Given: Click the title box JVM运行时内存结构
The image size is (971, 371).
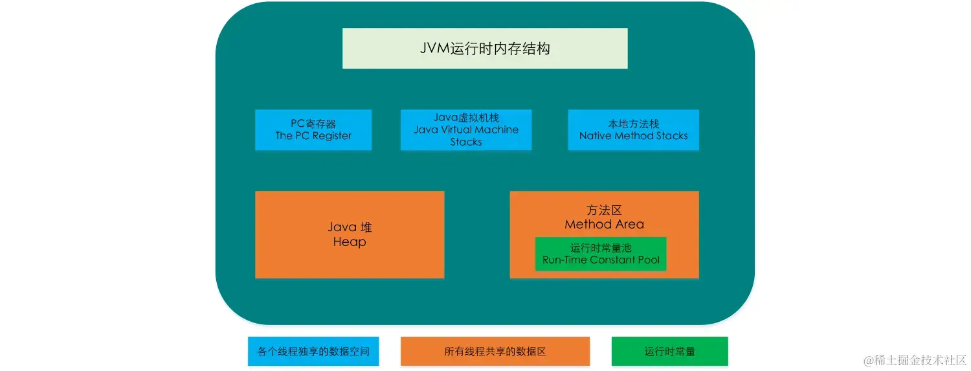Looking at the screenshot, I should click(484, 49).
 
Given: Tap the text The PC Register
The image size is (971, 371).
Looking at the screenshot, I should click(313, 136).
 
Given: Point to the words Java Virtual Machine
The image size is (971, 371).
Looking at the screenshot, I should click(466, 129).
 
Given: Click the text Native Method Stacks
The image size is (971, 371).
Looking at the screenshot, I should click(633, 136).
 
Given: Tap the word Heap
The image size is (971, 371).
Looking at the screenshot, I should click(350, 242).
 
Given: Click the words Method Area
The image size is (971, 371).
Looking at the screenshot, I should click(604, 225).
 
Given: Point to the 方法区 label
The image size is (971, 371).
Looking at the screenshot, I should click(604, 210).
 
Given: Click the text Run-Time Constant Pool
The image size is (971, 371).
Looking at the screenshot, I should click(601, 260).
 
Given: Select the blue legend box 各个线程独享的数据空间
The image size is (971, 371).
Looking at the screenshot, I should click(313, 352).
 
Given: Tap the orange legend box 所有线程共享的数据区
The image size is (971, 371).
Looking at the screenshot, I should click(495, 352).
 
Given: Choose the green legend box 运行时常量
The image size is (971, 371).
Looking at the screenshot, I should click(669, 352).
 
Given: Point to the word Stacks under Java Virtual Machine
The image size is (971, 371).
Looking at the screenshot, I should click(466, 142).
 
